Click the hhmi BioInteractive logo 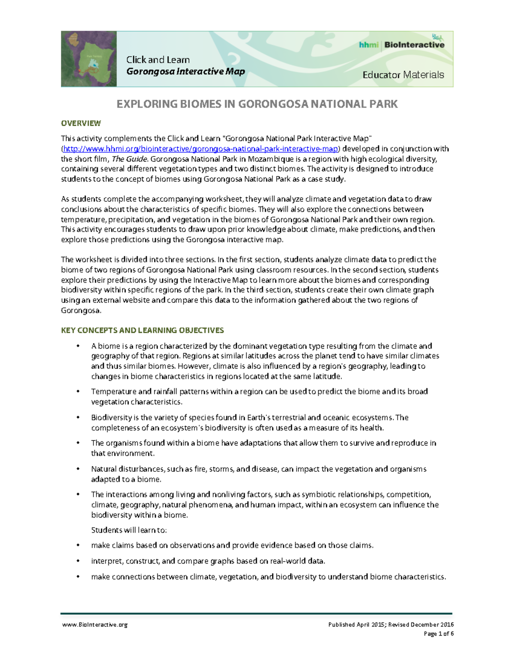pyautogui.click(x=401, y=44)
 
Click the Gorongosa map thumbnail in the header pyautogui.click(x=89, y=59)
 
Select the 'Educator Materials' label pyautogui.click(x=403, y=75)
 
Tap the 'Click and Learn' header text pyautogui.click(x=158, y=60)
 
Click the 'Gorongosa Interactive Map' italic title pyautogui.click(x=185, y=72)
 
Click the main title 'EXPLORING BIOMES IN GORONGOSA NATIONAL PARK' pyautogui.click(x=257, y=104)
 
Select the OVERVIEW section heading pyautogui.click(x=81, y=124)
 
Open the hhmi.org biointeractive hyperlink pyautogui.click(x=200, y=149)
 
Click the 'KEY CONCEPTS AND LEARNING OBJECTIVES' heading pyautogui.click(x=142, y=330)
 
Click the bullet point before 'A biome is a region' pyautogui.click(x=78, y=346)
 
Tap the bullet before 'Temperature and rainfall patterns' pyautogui.click(x=78, y=392)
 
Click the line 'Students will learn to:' pyautogui.click(x=129, y=530)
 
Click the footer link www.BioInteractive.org pyautogui.click(x=95, y=625)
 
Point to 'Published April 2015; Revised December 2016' pyautogui.click(x=391, y=625)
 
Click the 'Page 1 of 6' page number pyautogui.click(x=438, y=634)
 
